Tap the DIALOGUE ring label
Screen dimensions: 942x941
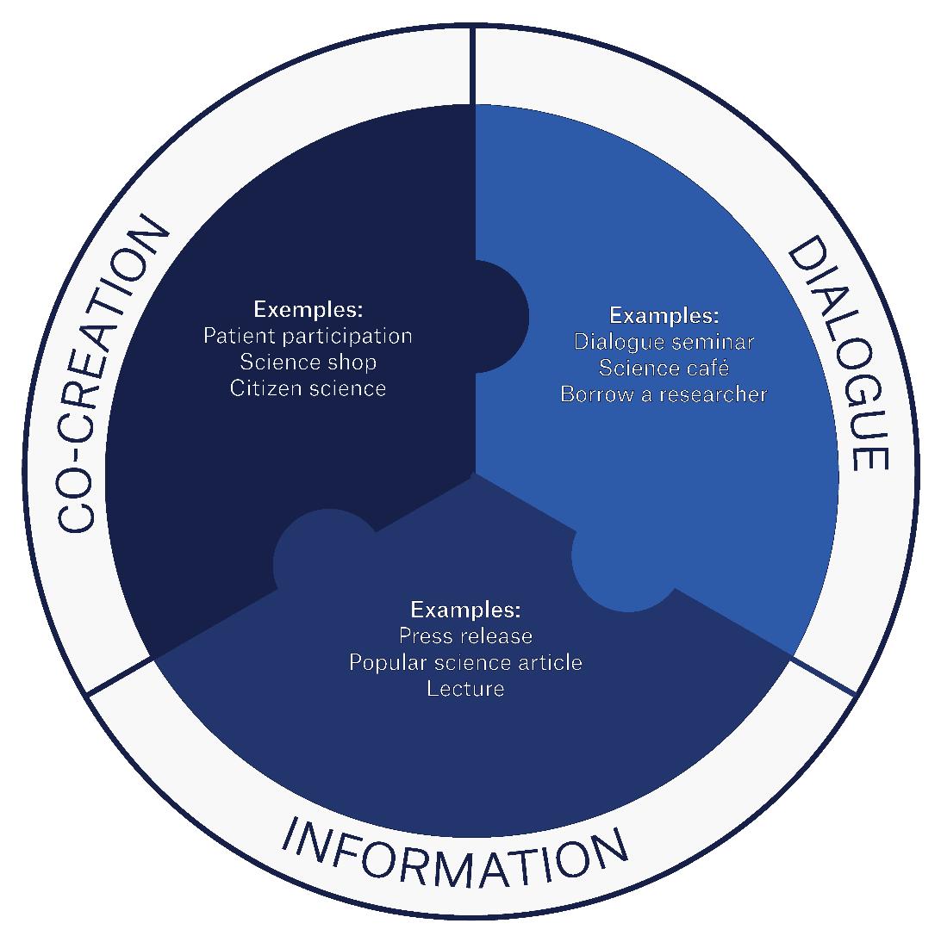coord(835,354)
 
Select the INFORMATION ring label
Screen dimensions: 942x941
coord(456,852)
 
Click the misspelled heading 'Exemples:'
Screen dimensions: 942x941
coord(308,308)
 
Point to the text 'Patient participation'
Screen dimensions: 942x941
coord(308,335)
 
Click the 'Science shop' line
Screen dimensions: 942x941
coord(308,362)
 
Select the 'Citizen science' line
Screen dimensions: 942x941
coord(308,388)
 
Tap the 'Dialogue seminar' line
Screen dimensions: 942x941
coord(664,342)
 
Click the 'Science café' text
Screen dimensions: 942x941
coord(664,369)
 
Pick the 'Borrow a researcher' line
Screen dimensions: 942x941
coord(664,395)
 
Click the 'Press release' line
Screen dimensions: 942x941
coord(465,636)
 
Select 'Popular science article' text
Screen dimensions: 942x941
coord(465,662)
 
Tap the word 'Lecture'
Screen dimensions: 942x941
coord(465,689)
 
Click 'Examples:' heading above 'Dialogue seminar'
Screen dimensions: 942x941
coord(664,315)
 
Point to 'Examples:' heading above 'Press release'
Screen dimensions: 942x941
coord(465,610)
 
